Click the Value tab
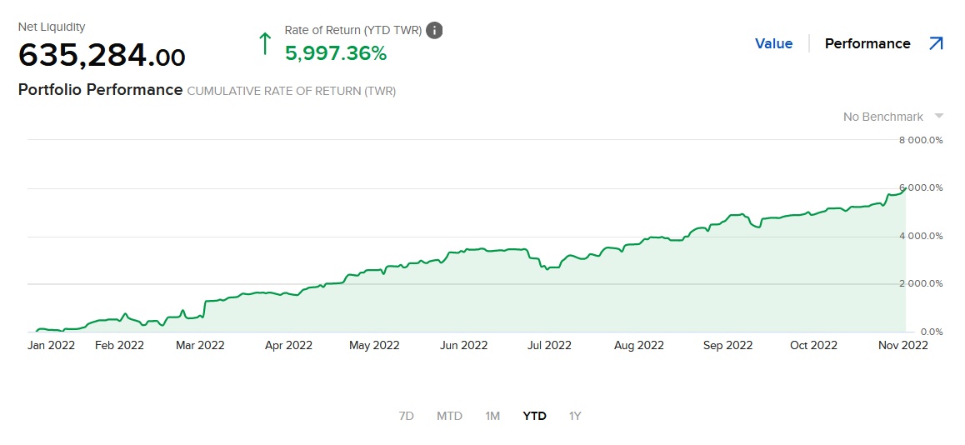point(773,43)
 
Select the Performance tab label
point(867,43)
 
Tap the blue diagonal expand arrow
point(936,43)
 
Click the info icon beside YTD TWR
point(434,30)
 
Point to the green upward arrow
point(265,42)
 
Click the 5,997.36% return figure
point(336,53)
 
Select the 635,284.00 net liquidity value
point(102,57)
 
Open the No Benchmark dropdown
point(892,117)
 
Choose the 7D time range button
point(407,416)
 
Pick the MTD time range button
point(449,416)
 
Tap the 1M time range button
point(492,416)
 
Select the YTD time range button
point(534,416)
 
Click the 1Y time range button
point(575,416)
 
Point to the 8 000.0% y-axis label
point(920,140)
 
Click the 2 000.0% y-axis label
point(920,284)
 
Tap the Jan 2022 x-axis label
point(52,345)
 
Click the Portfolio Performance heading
point(100,89)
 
